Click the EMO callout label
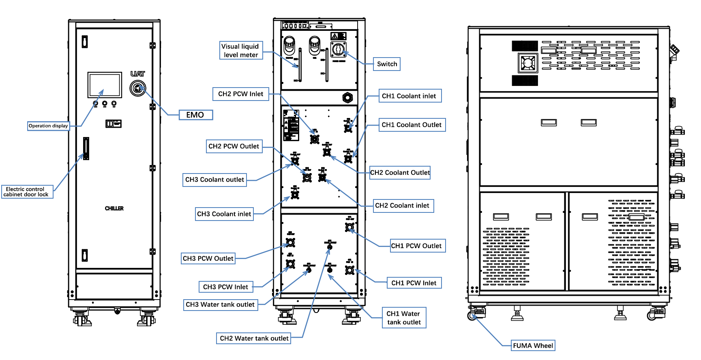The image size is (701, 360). click(196, 115)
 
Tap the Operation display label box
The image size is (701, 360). click(48, 126)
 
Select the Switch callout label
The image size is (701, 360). click(387, 64)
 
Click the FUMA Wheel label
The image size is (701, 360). click(533, 345)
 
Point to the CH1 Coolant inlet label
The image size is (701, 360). click(409, 96)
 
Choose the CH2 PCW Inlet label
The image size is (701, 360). click(240, 94)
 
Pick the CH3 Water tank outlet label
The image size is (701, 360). click(220, 304)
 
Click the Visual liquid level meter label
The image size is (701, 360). click(241, 51)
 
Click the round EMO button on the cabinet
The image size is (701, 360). click(138, 88)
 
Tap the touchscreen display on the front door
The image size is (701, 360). click(105, 85)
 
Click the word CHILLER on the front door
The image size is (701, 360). click(114, 208)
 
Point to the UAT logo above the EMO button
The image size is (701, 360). click(137, 74)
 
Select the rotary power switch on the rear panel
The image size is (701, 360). click(339, 50)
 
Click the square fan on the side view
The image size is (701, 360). click(528, 63)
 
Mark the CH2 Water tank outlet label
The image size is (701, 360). click(254, 338)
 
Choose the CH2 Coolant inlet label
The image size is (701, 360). click(402, 206)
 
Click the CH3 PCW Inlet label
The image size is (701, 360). click(225, 287)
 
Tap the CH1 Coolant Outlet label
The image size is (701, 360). click(412, 125)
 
